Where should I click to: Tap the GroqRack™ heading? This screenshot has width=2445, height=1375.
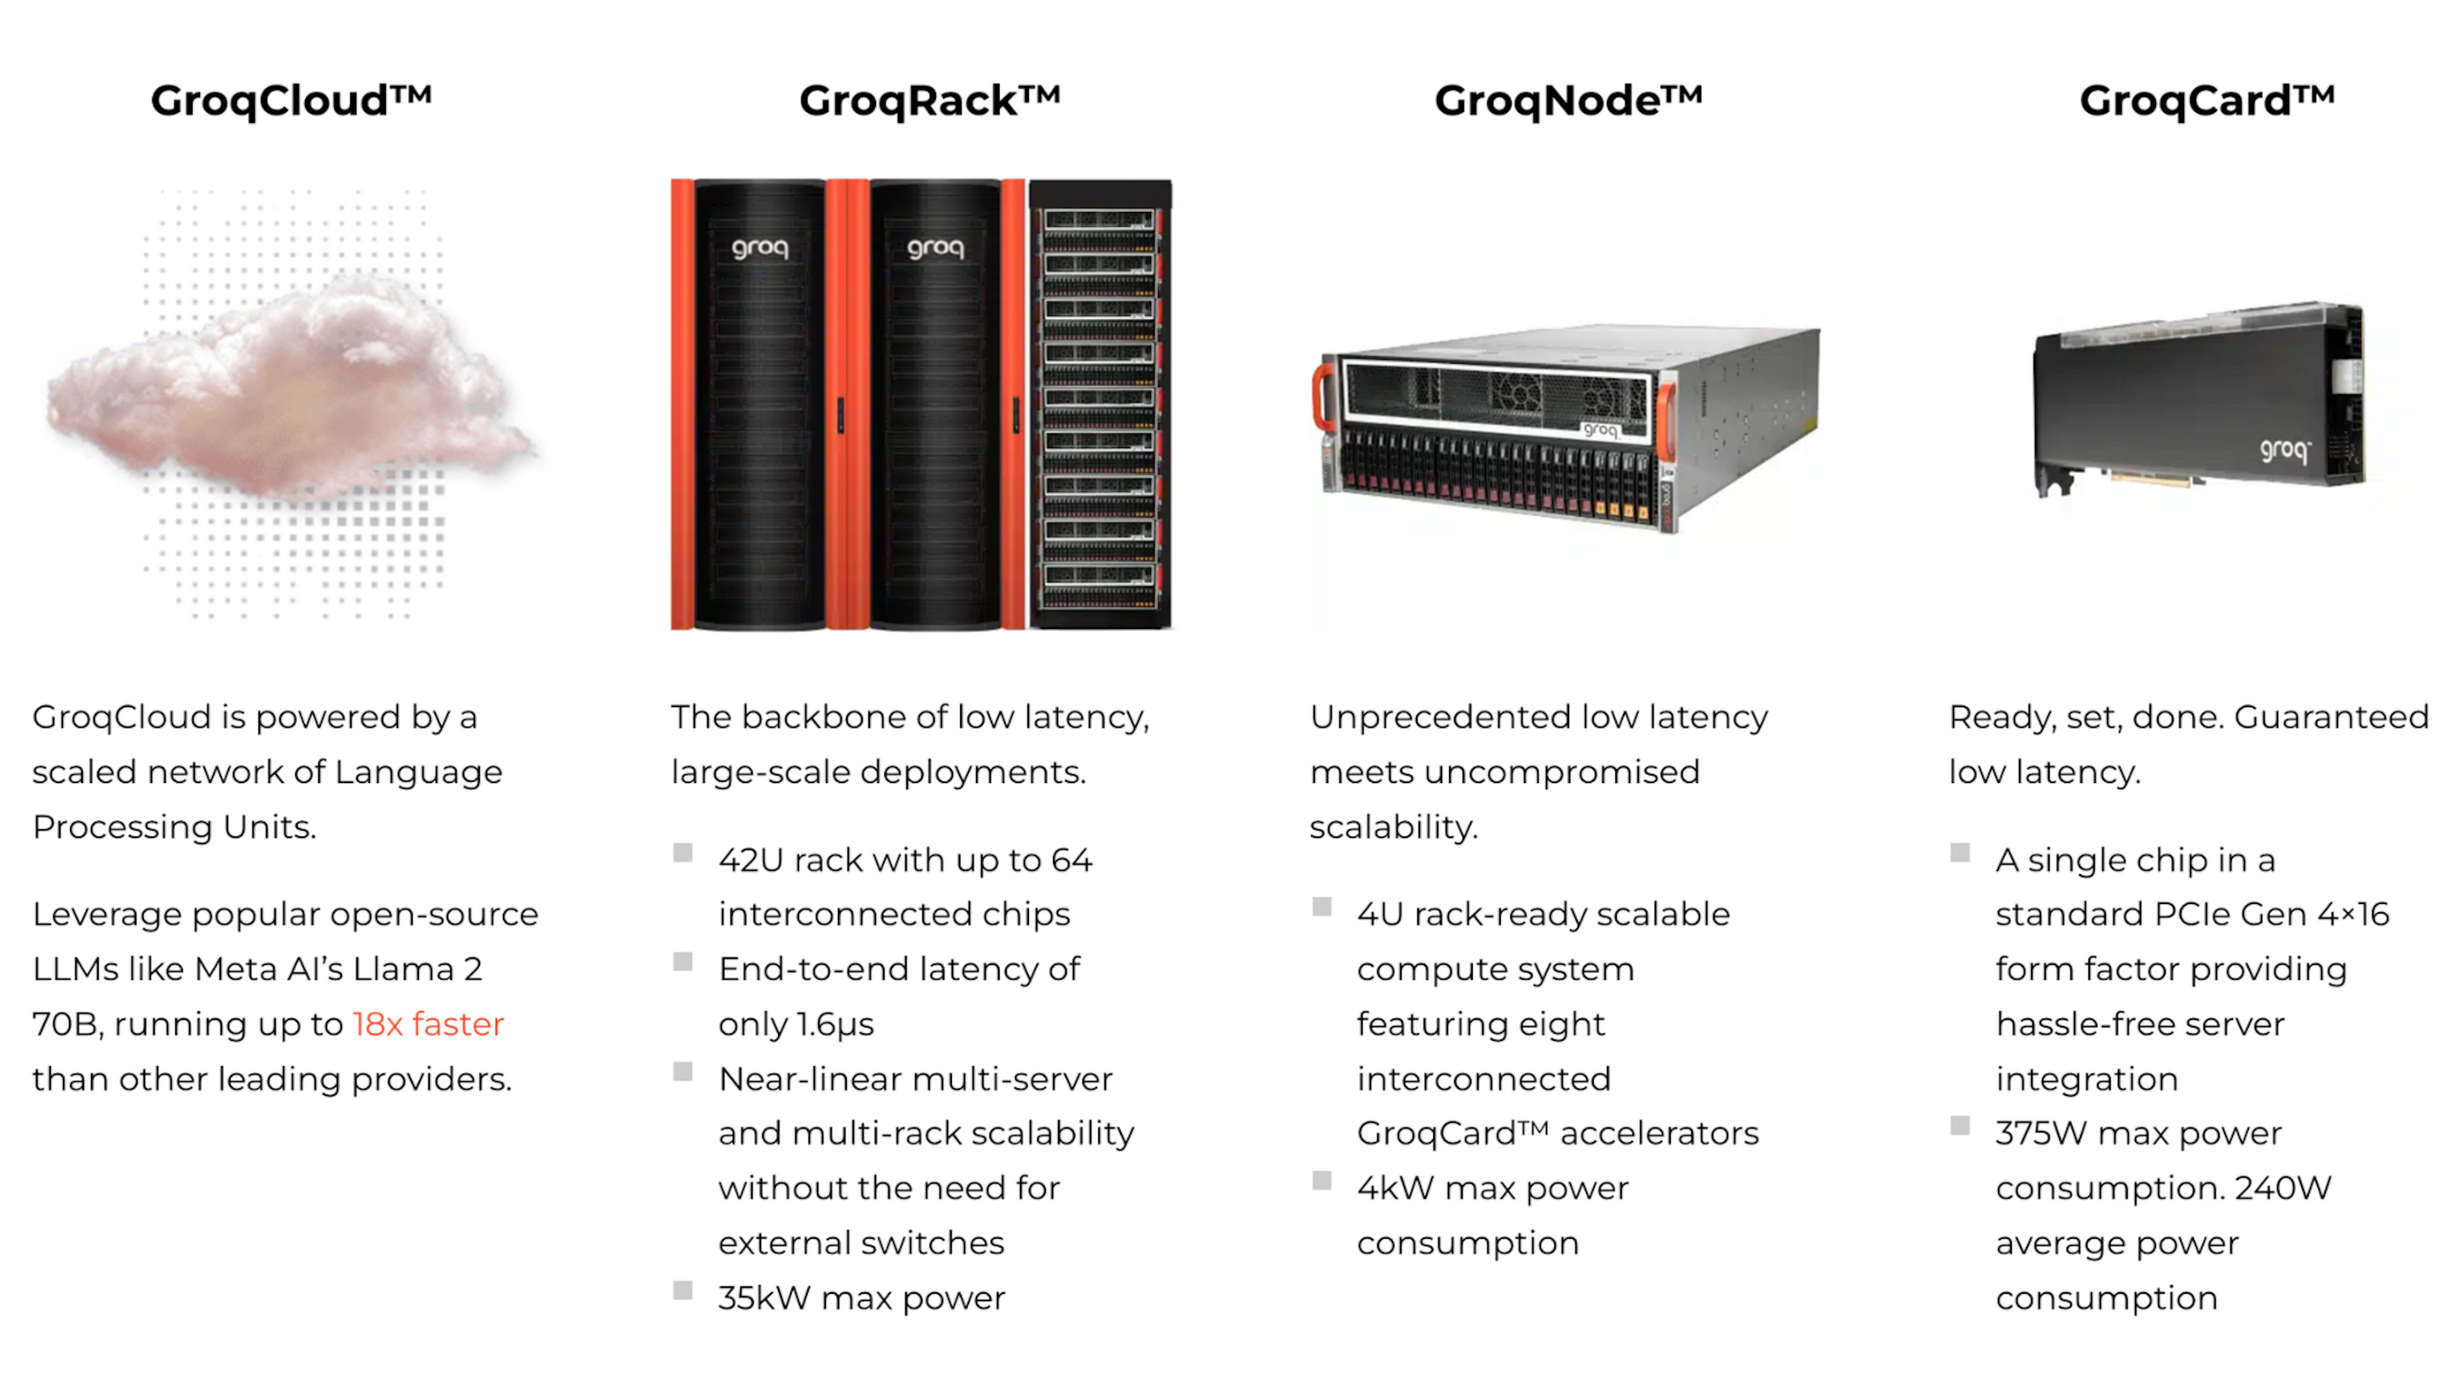click(x=929, y=101)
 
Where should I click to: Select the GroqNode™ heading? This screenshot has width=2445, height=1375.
click(x=1568, y=101)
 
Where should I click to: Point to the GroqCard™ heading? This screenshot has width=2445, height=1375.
click(x=2207, y=101)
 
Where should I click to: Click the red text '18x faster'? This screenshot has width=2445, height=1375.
click(x=428, y=1024)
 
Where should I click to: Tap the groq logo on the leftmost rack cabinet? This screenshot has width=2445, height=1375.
click(x=760, y=249)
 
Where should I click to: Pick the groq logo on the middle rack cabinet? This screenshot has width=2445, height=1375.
click(x=935, y=249)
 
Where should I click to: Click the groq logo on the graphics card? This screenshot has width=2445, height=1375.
click(x=2285, y=449)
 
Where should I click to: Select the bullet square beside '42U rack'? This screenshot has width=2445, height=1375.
click(x=683, y=852)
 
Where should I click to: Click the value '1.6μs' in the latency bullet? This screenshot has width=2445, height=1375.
click(x=835, y=1024)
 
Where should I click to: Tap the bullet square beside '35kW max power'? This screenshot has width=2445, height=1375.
click(x=683, y=1290)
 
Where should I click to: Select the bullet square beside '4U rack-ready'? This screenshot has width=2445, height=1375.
click(x=1321, y=906)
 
